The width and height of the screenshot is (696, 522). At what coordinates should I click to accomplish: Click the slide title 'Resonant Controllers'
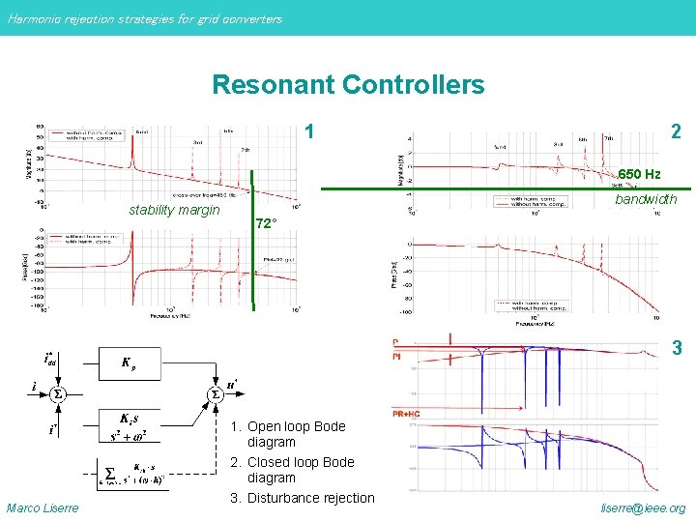coord(348,85)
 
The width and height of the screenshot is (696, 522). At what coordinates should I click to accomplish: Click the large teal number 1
coord(308,131)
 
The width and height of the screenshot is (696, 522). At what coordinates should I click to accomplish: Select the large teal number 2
coord(677,131)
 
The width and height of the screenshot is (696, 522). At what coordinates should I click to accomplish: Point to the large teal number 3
coord(677,347)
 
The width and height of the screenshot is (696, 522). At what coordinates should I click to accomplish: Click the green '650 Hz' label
coord(639,174)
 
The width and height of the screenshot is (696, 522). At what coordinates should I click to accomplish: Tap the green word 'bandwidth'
coord(647,199)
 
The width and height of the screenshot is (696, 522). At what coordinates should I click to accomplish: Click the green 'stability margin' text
coord(174,210)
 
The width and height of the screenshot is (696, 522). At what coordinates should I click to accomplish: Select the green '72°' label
coord(266,224)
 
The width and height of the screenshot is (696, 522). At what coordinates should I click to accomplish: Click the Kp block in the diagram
coord(129,363)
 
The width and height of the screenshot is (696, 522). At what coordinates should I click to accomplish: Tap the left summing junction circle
coord(57,394)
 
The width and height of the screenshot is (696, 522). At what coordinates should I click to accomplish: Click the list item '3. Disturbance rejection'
coord(302,498)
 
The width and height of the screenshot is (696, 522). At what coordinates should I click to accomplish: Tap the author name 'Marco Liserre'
coord(43,507)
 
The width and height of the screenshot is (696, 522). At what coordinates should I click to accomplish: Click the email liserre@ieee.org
coord(643,507)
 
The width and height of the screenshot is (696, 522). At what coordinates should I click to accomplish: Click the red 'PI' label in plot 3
coord(396,357)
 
